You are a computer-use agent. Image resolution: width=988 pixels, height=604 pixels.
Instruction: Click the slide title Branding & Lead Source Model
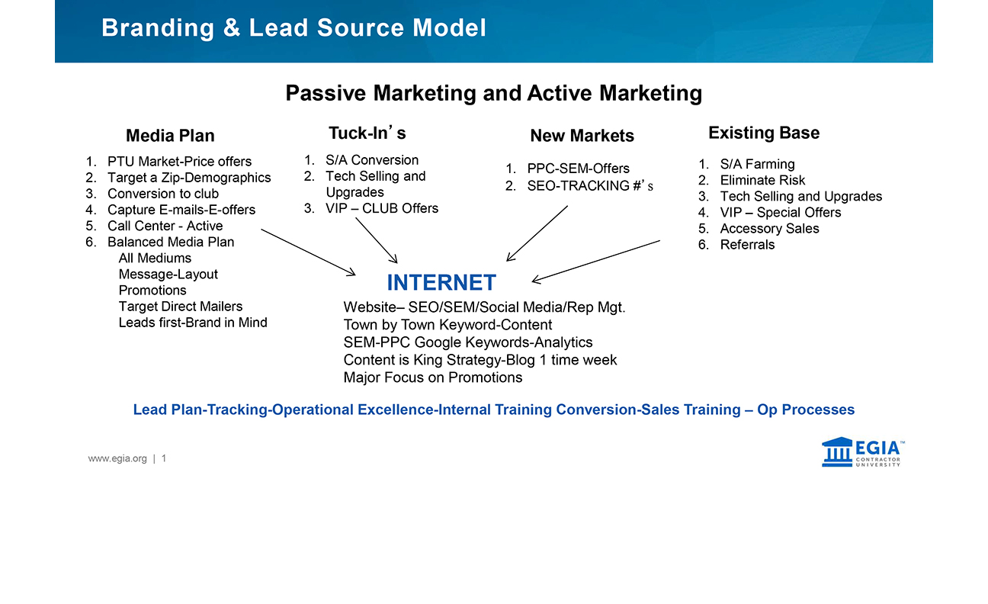[294, 28]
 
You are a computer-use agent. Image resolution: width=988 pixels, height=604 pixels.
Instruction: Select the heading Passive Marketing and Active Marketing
[493, 93]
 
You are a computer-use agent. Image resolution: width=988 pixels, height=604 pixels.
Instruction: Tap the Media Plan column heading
[170, 136]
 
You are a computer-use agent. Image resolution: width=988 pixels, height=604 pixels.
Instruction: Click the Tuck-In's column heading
[367, 133]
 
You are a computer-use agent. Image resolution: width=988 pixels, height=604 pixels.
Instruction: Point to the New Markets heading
[582, 136]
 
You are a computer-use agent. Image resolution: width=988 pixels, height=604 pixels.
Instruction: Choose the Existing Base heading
[763, 133]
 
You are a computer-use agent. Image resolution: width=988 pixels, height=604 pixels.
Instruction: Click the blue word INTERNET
[441, 283]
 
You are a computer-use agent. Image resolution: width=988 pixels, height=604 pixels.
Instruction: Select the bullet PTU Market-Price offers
[179, 162]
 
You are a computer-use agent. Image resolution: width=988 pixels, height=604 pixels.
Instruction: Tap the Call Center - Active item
[165, 226]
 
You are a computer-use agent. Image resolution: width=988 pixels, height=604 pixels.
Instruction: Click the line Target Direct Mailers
[180, 307]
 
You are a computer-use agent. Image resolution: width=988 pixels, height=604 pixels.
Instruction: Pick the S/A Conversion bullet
[371, 160]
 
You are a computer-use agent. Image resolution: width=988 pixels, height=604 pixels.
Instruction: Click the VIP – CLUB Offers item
[381, 208]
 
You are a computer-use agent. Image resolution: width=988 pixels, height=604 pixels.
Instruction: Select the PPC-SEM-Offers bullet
[578, 169]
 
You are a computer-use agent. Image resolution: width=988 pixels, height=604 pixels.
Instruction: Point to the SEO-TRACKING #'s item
[590, 186]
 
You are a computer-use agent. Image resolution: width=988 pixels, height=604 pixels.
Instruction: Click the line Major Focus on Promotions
[433, 377]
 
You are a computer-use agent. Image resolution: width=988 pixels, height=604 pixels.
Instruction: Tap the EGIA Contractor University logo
[862, 452]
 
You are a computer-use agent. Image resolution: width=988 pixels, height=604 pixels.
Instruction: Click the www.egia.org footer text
[117, 458]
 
